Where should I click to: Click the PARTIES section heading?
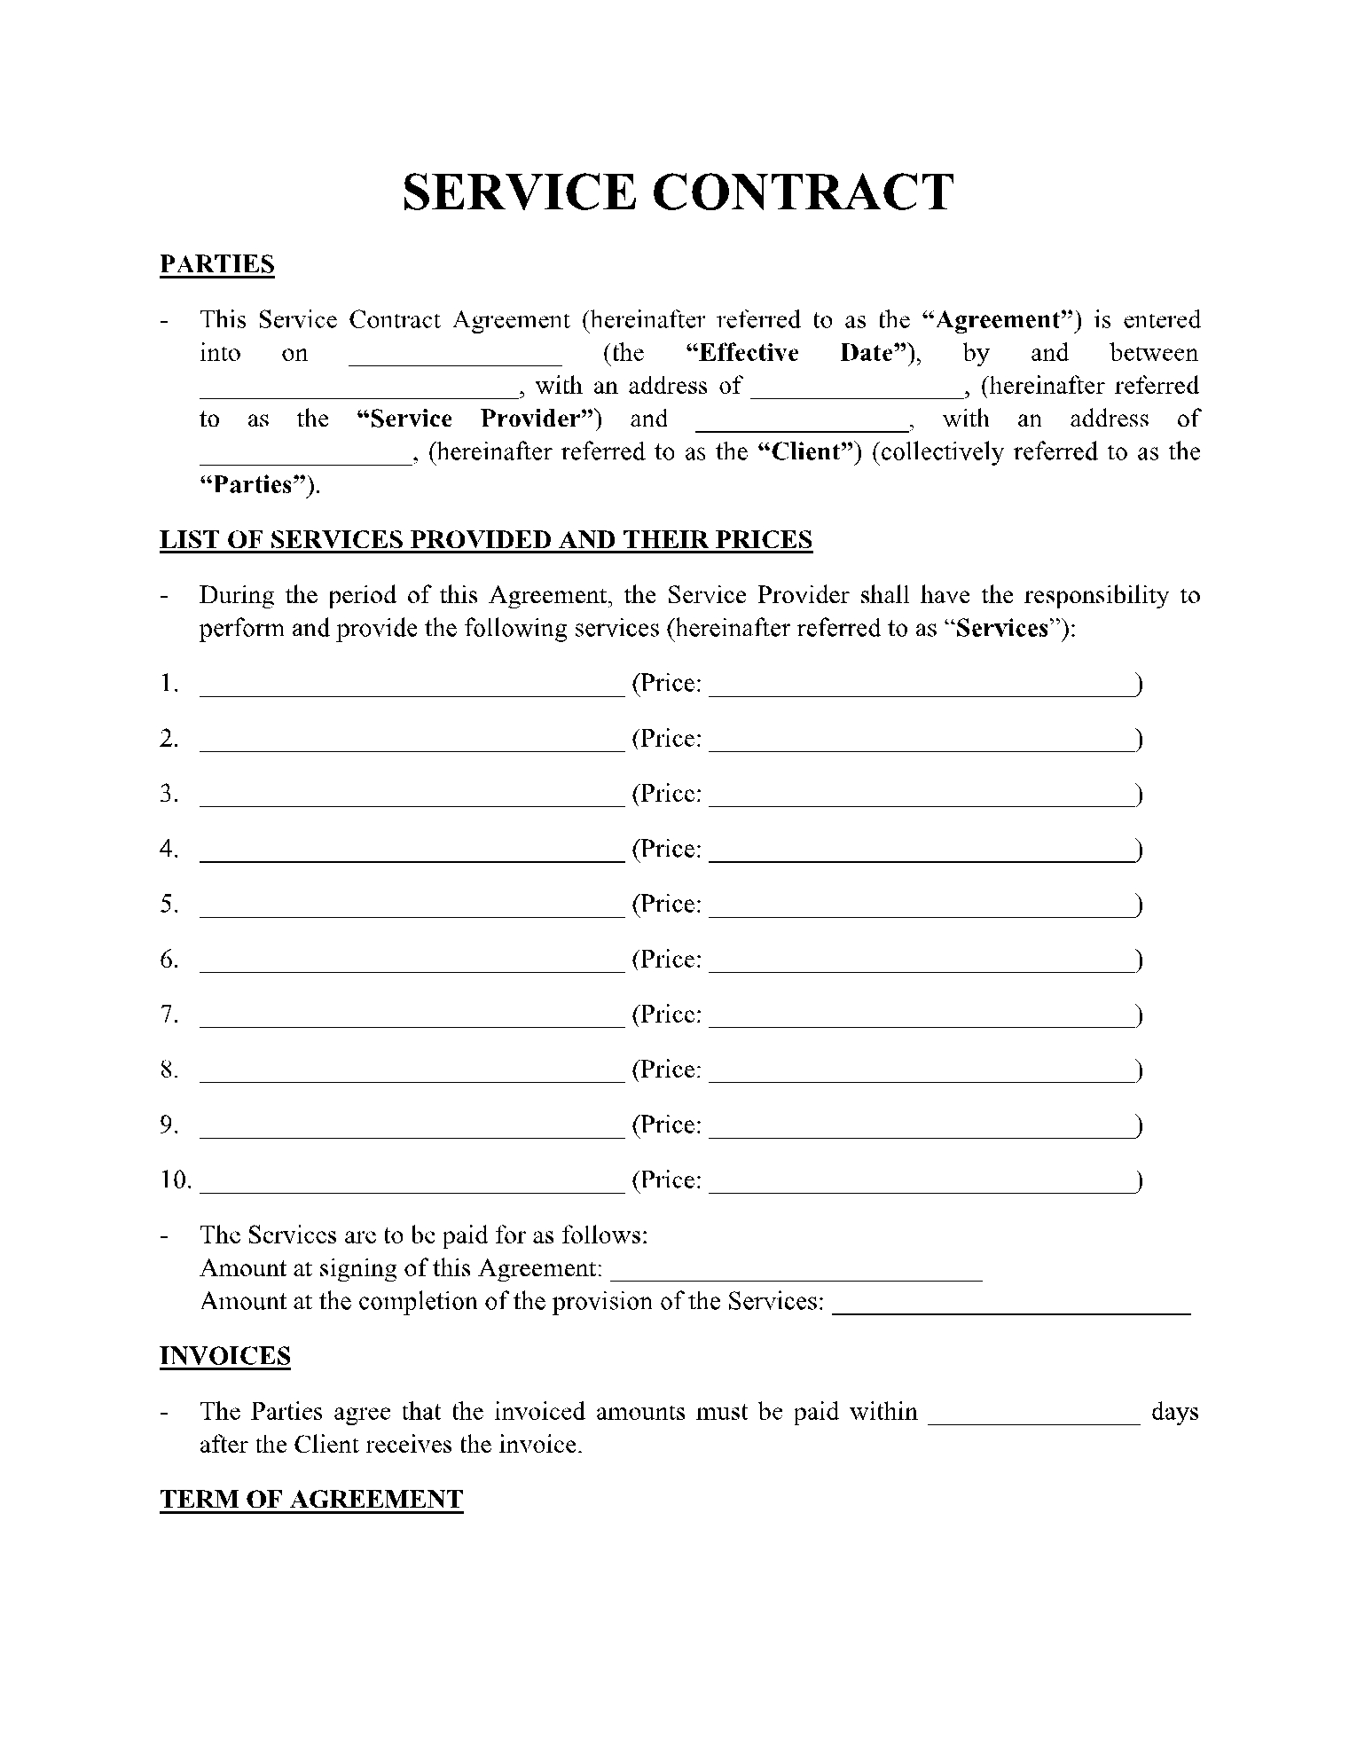(x=217, y=264)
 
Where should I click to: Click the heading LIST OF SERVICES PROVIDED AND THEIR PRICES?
(x=486, y=540)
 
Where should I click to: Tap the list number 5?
(x=169, y=905)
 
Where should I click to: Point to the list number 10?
(x=176, y=1180)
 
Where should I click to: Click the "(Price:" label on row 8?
(x=667, y=1070)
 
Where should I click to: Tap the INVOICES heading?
(x=225, y=1356)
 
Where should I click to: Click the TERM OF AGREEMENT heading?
(x=311, y=1500)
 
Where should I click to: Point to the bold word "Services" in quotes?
(x=1003, y=629)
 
